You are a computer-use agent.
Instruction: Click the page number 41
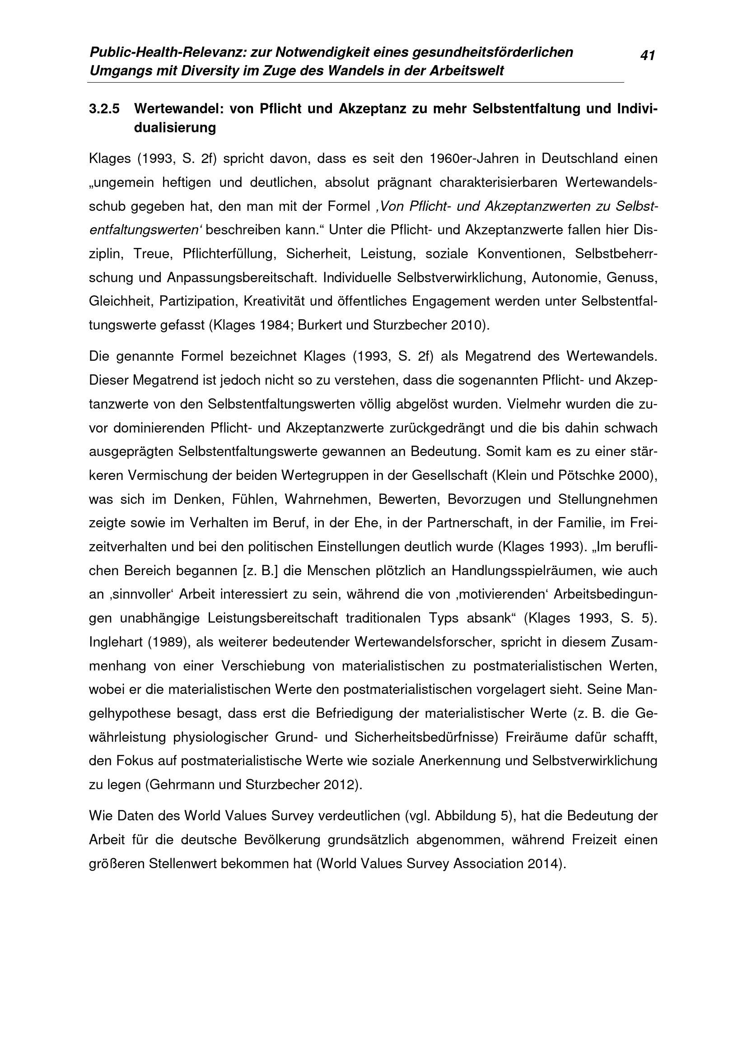[647, 56]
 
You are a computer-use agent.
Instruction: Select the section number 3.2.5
[104, 109]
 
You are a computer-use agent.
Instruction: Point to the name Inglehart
[116, 642]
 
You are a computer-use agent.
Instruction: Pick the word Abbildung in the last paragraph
[465, 816]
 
